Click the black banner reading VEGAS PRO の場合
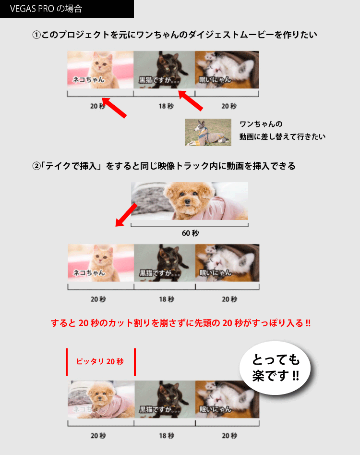tap(67, 9)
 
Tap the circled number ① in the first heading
tap(36, 35)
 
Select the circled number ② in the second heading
tap(36, 166)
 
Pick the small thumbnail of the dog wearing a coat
tap(208, 132)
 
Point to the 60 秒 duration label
tap(190, 233)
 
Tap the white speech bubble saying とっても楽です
tap(275, 368)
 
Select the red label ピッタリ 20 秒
tap(100, 361)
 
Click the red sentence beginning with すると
tap(180, 323)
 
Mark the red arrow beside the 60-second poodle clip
tap(126, 215)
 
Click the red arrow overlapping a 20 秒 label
tap(114, 108)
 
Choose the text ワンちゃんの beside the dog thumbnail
tap(261, 124)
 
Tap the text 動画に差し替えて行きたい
tap(282, 136)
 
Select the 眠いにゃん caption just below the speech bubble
tap(216, 409)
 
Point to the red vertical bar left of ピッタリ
tap(67, 362)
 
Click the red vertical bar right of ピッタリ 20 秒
tap(135, 362)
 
